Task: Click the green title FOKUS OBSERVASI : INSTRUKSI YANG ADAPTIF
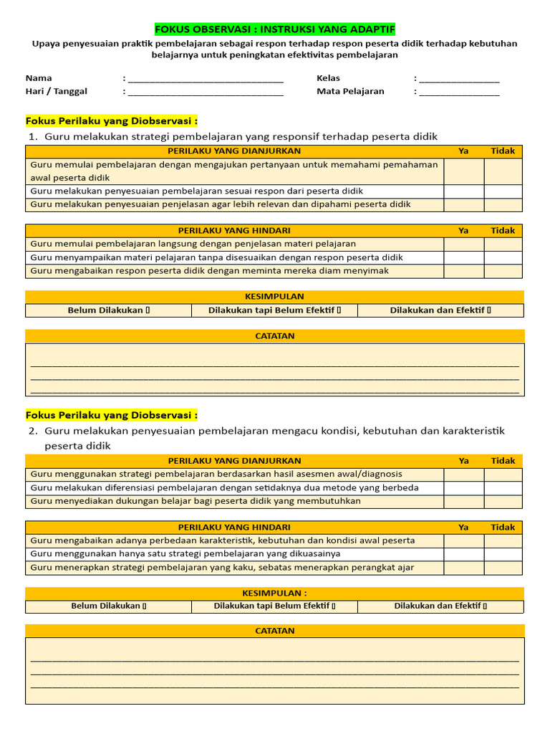coord(275,29)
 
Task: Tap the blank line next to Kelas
coord(459,80)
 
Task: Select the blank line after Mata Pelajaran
coord(459,92)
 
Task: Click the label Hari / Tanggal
coord(57,91)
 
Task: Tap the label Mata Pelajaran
coord(350,91)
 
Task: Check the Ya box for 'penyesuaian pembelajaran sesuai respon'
coord(463,191)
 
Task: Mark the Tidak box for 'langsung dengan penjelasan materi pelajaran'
coord(503,244)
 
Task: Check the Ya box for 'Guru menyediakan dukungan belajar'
coord(463,501)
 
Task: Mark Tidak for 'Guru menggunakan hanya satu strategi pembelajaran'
coord(503,554)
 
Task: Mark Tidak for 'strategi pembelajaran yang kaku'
coord(503,568)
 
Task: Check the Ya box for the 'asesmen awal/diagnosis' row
coord(463,474)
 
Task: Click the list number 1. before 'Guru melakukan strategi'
coord(32,137)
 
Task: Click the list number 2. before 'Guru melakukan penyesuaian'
coord(33,431)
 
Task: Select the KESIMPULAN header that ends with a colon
coord(275,594)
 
